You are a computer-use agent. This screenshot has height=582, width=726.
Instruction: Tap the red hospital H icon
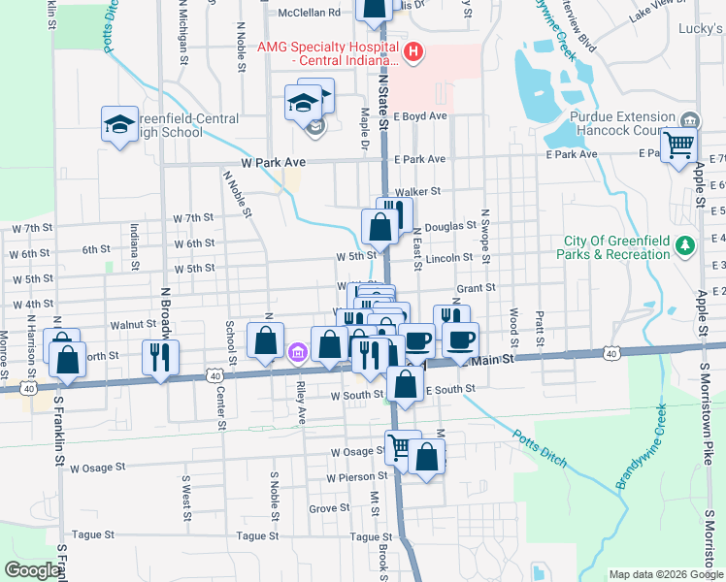tap(413, 51)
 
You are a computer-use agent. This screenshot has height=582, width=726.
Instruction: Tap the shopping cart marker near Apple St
tap(679, 145)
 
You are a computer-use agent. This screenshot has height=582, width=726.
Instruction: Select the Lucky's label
tap(700, 30)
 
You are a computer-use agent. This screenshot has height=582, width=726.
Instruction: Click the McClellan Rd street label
tap(310, 14)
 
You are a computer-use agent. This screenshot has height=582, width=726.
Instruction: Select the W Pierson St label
tap(357, 477)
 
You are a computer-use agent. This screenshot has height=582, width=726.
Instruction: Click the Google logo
tap(32, 570)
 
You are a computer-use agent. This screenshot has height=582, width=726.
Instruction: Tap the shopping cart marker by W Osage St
tap(402, 446)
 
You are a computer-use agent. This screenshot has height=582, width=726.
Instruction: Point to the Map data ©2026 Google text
tap(666, 574)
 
